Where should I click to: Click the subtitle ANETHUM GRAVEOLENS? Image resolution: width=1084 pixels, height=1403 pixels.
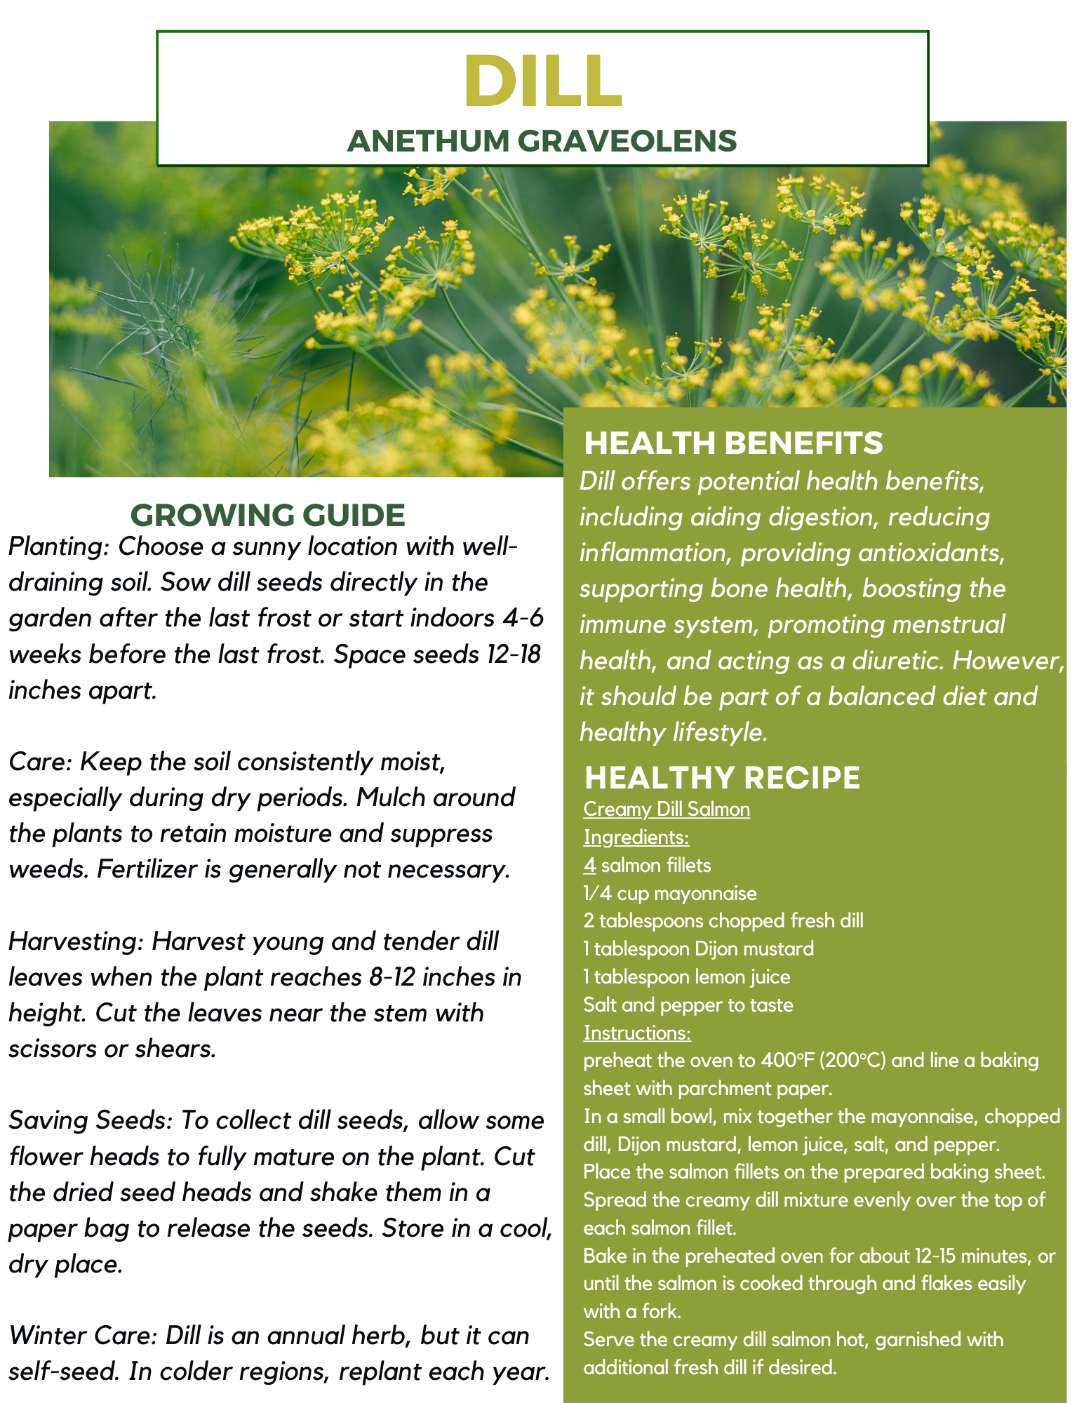pyautogui.click(x=542, y=141)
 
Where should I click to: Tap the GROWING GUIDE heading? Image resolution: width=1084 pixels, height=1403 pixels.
pyautogui.click(x=268, y=515)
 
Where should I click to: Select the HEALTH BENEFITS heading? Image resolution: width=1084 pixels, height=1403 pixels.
pyautogui.click(x=733, y=443)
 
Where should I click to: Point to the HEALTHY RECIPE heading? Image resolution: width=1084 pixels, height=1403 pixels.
pyautogui.click(x=722, y=777)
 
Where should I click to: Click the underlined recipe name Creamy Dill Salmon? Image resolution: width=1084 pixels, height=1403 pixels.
pyautogui.click(x=666, y=810)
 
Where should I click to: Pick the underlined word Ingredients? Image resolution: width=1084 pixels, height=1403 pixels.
pyautogui.click(x=636, y=838)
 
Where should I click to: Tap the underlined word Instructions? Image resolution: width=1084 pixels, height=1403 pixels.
pyautogui.click(x=637, y=1033)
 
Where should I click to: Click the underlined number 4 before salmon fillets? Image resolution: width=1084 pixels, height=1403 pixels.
pyautogui.click(x=589, y=866)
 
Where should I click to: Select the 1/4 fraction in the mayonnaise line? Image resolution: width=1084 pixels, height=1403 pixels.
pyautogui.click(x=597, y=894)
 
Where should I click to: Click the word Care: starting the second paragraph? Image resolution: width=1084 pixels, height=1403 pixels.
pyautogui.click(x=40, y=762)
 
